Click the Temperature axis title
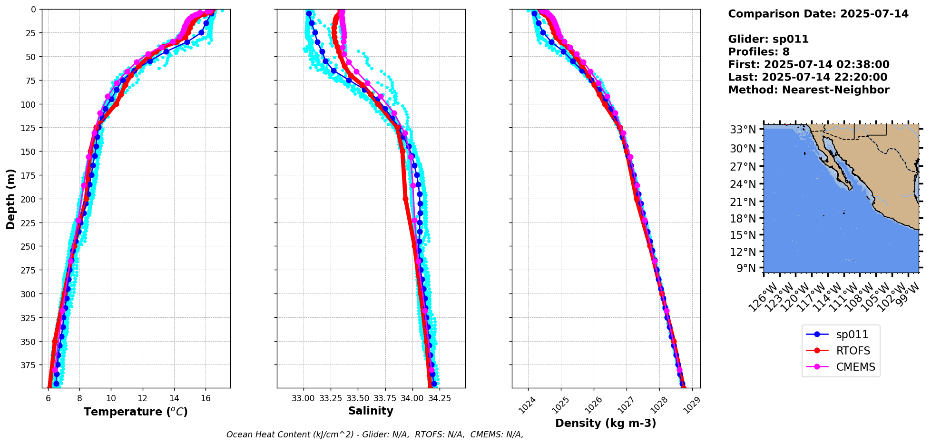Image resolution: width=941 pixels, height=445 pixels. tap(136, 412)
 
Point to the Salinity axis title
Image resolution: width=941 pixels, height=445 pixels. tap(371, 411)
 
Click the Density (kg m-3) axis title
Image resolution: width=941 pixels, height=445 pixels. tap(606, 423)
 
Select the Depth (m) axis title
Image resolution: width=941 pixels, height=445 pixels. tap(10, 199)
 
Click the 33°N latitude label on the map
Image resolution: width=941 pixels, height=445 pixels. tap(743, 130)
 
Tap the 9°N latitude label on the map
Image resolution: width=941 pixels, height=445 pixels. tap(746, 268)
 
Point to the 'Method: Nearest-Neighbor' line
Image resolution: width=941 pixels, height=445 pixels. tap(808, 90)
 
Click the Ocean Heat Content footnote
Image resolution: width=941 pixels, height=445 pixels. tap(374, 435)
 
